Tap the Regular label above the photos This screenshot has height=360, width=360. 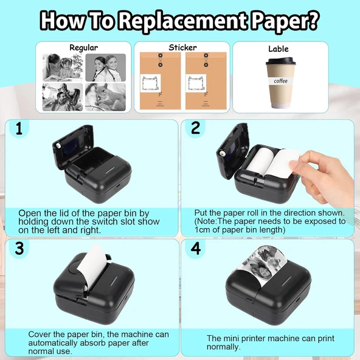pyautogui.click(x=83, y=48)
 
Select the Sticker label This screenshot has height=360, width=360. pyautogui.click(x=182, y=47)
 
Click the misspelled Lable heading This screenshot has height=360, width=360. pyautogui.click(x=279, y=49)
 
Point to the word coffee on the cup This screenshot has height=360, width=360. pyautogui.click(x=280, y=81)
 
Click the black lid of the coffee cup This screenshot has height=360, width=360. pyautogui.click(x=280, y=61)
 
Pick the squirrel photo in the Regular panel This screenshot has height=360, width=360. pyautogui.click(x=105, y=97)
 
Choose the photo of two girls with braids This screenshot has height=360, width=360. pyautogui.click(x=106, y=67)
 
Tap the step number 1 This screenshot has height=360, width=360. pyautogui.click(x=19, y=128)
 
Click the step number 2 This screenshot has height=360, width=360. pyautogui.click(x=195, y=128)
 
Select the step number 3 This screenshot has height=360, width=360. pyautogui.click(x=19, y=248)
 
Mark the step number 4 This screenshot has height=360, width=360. pyautogui.click(x=196, y=248)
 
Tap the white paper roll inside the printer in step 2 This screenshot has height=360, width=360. pyautogui.click(x=260, y=162)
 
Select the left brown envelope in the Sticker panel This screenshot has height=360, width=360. pyautogui.click(x=161, y=81)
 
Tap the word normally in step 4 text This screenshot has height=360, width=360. pyautogui.click(x=223, y=347)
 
